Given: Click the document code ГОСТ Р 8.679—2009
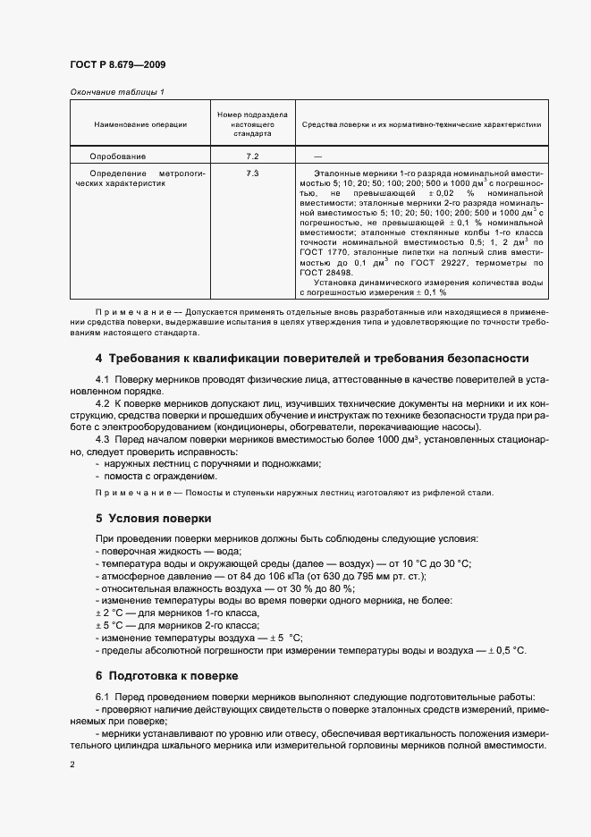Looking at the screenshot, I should tap(116, 64).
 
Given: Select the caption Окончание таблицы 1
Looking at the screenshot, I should tap(116, 92).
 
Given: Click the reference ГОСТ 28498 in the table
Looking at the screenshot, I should tap(325, 273).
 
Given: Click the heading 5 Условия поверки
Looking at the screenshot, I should tap(153, 518).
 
